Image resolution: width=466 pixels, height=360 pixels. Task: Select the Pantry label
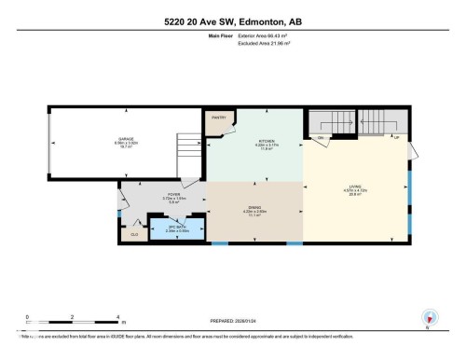pyautogui.click(x=220, y=118)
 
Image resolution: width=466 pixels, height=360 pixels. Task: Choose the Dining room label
pyautogui.click(x=254, y=210)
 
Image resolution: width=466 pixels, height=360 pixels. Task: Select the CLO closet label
pyautogui.click(x=133, y=235)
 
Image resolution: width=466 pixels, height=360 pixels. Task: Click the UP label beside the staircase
pyautogui.click(x=397, y=138)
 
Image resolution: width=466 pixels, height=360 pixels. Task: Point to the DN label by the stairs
pyautogui.click(x=321, y=138)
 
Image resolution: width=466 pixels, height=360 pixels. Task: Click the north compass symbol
pyautogui.click(x=429, y=319)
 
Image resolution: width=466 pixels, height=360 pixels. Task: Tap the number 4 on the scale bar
pyautogui.click(x=116, y=317)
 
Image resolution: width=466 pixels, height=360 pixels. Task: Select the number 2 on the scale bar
pyautogui.click(x=73, y=317)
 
